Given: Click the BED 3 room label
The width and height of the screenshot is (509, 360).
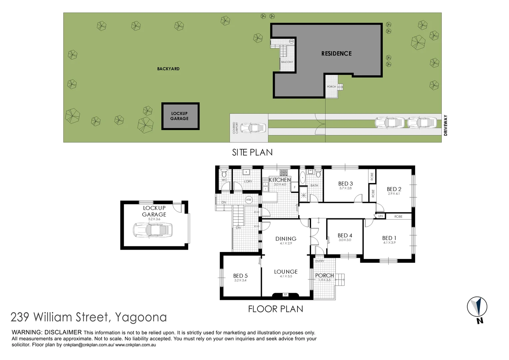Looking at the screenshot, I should pos(345,184).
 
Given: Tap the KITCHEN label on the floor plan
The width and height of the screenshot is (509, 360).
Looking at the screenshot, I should pos(280,180).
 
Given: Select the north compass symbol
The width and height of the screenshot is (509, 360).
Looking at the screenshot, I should pos(477,307).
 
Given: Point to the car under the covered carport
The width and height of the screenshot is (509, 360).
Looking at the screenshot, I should pos(253,128).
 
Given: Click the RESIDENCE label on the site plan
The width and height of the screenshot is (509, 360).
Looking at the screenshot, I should pos(336,53).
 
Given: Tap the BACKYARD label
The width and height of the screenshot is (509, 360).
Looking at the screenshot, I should pos(168,69).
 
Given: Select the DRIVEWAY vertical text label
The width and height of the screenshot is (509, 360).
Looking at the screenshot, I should pos(445,125).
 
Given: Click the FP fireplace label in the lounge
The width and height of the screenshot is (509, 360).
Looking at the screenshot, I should pos(285,295).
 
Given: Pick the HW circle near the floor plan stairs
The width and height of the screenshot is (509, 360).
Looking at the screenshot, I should pos(249,200).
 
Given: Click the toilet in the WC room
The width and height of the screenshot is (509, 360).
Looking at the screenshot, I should pos(224,174).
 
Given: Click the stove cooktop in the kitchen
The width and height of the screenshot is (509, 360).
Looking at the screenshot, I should pos(283,173).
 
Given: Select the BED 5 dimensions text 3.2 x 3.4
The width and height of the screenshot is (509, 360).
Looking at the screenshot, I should pos(240,280).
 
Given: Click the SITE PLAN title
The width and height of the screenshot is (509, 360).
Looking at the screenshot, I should pos(252,152).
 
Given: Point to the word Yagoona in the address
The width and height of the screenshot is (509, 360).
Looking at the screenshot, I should pos(141,317).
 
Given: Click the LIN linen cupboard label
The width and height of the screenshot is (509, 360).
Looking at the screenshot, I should pos(380,216).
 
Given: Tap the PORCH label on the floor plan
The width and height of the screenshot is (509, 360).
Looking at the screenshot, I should pos(324,275).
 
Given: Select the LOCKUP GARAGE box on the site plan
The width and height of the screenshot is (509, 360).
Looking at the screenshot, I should pos(180,116).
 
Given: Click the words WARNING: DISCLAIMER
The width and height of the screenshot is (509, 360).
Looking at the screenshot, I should pos(47,332).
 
